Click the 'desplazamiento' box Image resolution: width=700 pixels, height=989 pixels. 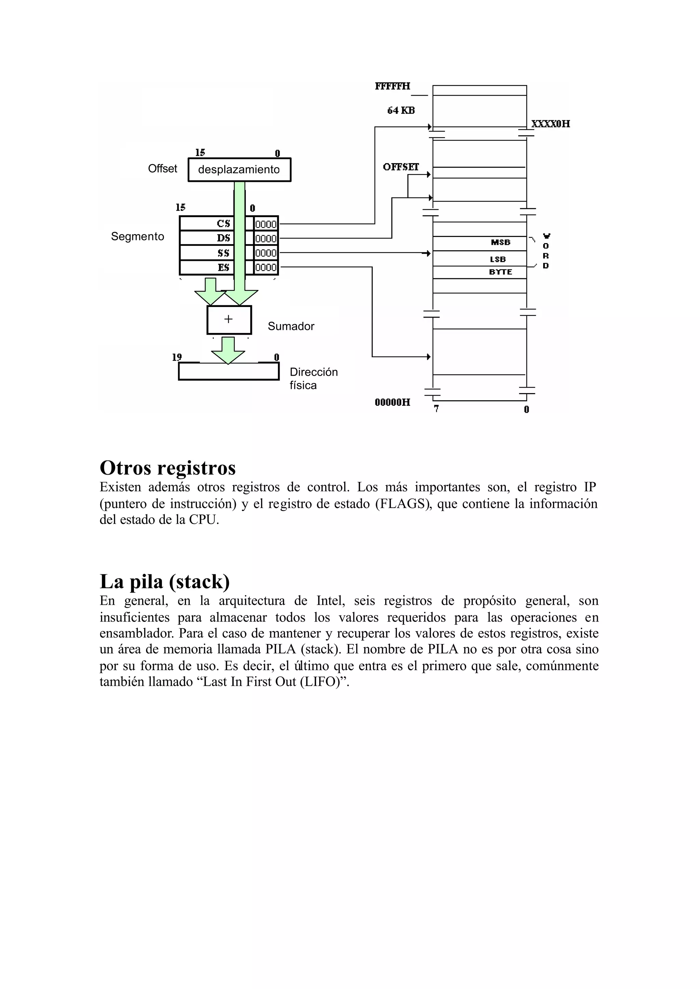pos(239,170)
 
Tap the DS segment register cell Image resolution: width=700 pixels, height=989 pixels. pos(207,238)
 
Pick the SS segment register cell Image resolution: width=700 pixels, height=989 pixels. pos(207,253)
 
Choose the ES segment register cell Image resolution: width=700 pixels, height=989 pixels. pos(207,268)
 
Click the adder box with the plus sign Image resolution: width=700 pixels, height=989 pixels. pos(229,320)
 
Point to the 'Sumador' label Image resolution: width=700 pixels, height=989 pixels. pos(291,326)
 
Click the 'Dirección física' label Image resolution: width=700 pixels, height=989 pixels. pos(313,378)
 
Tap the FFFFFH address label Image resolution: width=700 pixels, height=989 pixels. pos(392,86)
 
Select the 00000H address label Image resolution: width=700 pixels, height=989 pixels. pos(392,403)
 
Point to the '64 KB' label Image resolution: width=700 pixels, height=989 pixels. pos(401,111)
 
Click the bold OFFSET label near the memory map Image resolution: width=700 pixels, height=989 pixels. pos(401,167)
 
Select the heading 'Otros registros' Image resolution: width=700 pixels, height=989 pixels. pos(168,468)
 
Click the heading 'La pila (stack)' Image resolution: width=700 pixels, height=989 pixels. pos(165,582)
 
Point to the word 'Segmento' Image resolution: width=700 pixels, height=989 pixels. pos(137,237)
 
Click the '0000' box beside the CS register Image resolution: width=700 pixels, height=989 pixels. pos(266,224)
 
